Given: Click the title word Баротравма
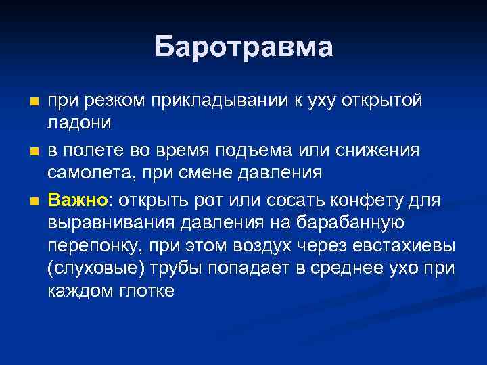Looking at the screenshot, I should (x=243, y=47).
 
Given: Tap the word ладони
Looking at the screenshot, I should (x=75, y=124).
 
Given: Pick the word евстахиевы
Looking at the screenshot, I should (x=409, y=245).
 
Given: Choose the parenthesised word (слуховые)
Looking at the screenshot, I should (x=91, y=269).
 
